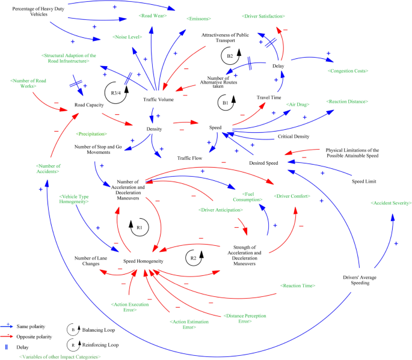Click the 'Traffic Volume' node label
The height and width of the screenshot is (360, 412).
click(x=158, y=99)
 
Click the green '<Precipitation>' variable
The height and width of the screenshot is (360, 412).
click(x=91, y=134)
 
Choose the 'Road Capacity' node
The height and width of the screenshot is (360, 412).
click(x=89, y=105)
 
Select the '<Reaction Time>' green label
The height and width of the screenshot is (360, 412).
click(x=298, y=285)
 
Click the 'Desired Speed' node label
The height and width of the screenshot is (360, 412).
click(x=263, y=162)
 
